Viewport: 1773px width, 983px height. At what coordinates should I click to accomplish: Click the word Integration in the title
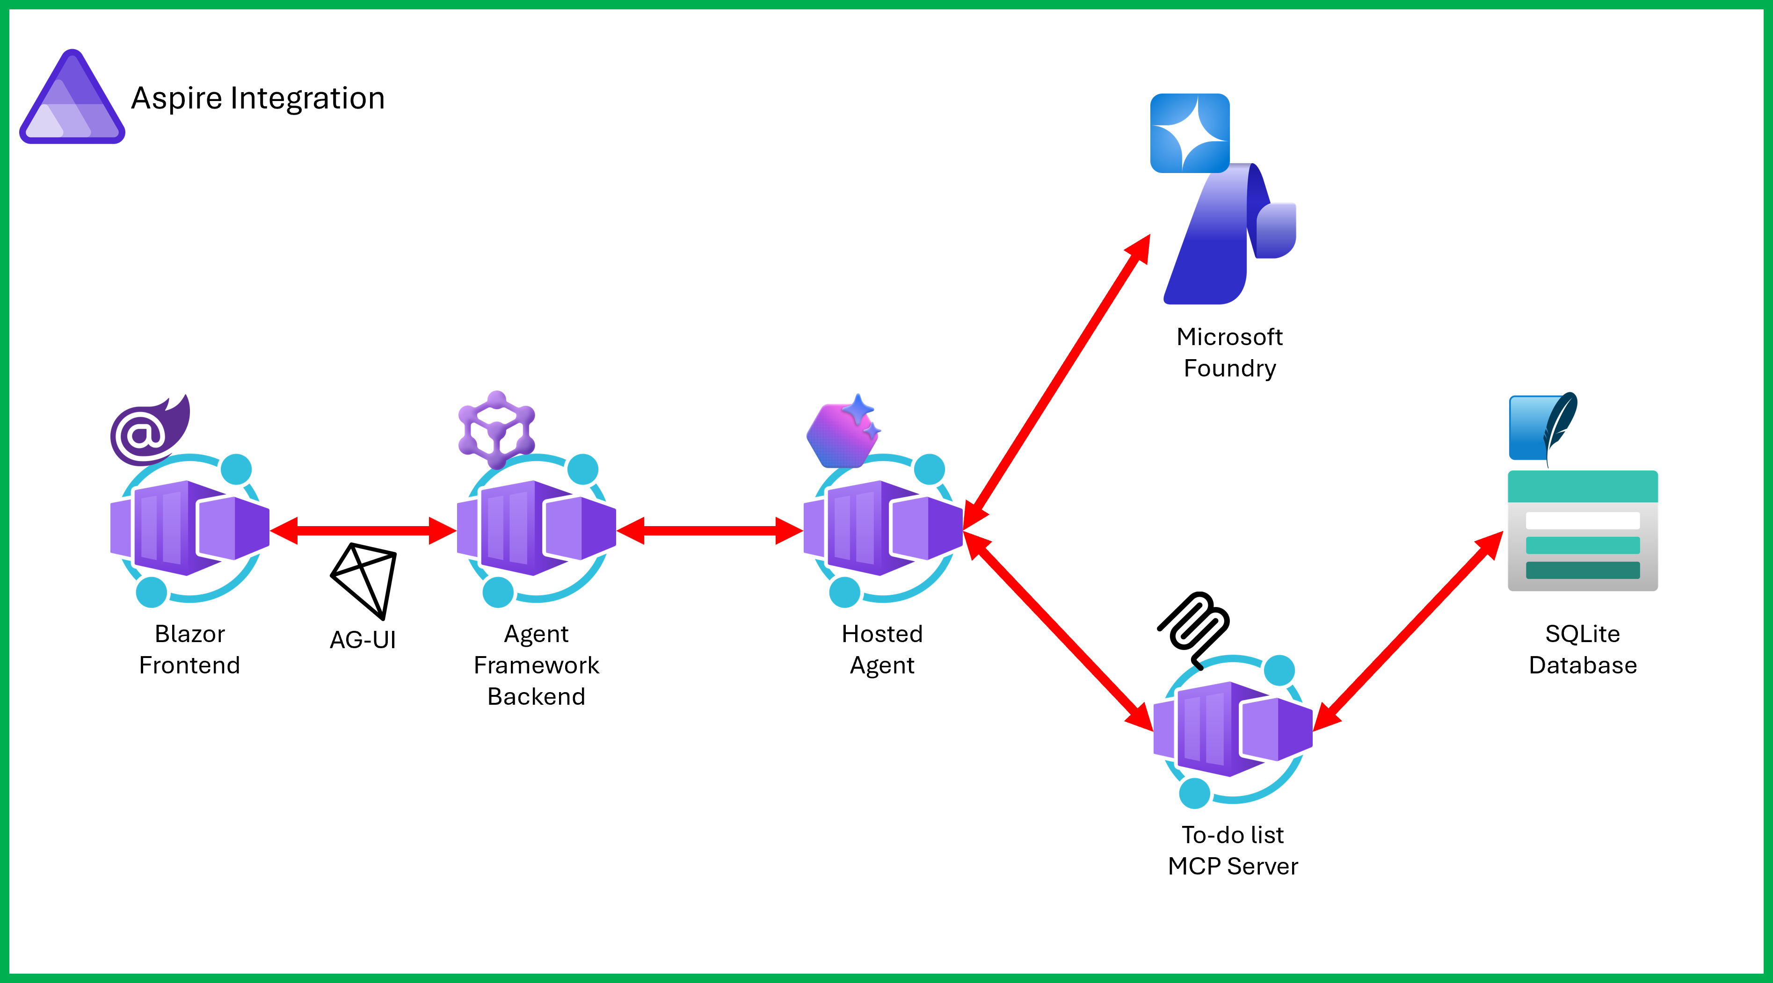click(307, 98)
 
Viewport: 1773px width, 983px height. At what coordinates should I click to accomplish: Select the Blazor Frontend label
click(189, 650)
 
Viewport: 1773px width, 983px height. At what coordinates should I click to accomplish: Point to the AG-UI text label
click(363, 640)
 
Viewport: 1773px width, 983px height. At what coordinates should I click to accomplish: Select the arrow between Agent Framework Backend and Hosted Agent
click(710, 530)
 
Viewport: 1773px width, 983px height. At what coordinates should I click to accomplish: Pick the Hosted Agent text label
click(882, 650)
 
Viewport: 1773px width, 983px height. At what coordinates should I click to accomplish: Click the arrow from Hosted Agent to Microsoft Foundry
click(1056, 382)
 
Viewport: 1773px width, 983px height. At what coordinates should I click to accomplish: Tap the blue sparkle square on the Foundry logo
click(1190, 133)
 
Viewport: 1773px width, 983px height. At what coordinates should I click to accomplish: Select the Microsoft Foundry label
click(1229, 352)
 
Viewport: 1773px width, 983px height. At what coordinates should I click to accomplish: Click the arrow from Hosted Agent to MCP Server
click(1058, 631)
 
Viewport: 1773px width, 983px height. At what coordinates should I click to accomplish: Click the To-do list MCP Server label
click(1233, 850)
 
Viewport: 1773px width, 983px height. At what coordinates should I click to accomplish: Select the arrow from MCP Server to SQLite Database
click(1408, 631)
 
